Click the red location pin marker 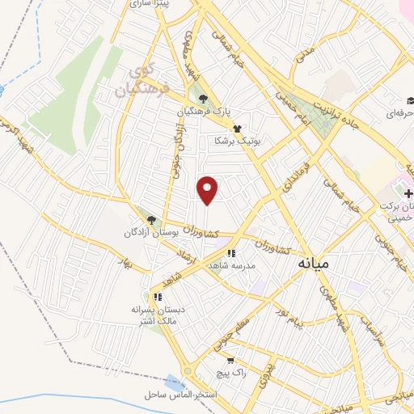pyautogui.click(x=209, y=191)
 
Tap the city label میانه pyautogui.click(x=314, y=263)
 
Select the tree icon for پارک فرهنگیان pyautogui.click(x=202, y=99)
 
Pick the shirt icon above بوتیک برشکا pyautogui.click(x=237, y=128)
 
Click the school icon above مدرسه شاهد pyautogui.click(x=231, y=253)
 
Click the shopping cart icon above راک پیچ pyautogui.click(x=230, y=361)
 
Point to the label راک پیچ pyautogui.click(x=230, y=373)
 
